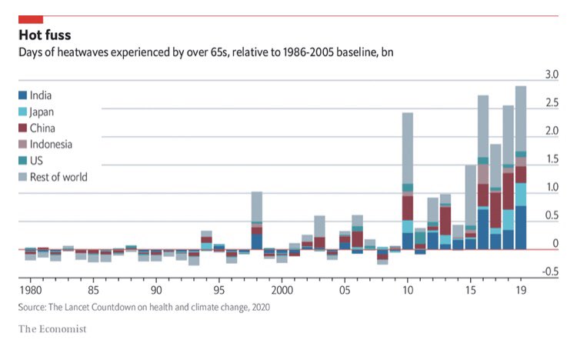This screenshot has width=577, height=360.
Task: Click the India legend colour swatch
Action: (x=22, y=95)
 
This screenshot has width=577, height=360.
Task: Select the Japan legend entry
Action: (x=42, y=112)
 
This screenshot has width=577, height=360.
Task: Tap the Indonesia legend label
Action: (x=52, y=144)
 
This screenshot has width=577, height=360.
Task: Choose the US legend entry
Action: (x=36, y=160)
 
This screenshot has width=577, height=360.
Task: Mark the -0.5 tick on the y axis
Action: (x=549, y=272)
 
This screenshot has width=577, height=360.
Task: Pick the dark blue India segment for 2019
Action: (x=521, y=228)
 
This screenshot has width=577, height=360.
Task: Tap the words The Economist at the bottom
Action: (x=52, y=329)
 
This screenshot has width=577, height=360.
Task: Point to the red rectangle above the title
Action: (x=30, y=18)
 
